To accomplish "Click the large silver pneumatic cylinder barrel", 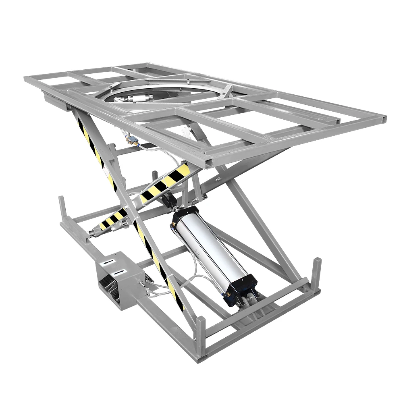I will (x=210, y=250).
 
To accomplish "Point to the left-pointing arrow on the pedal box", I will (x=106, y=262).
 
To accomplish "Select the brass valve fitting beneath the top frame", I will (x=131, y=141).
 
